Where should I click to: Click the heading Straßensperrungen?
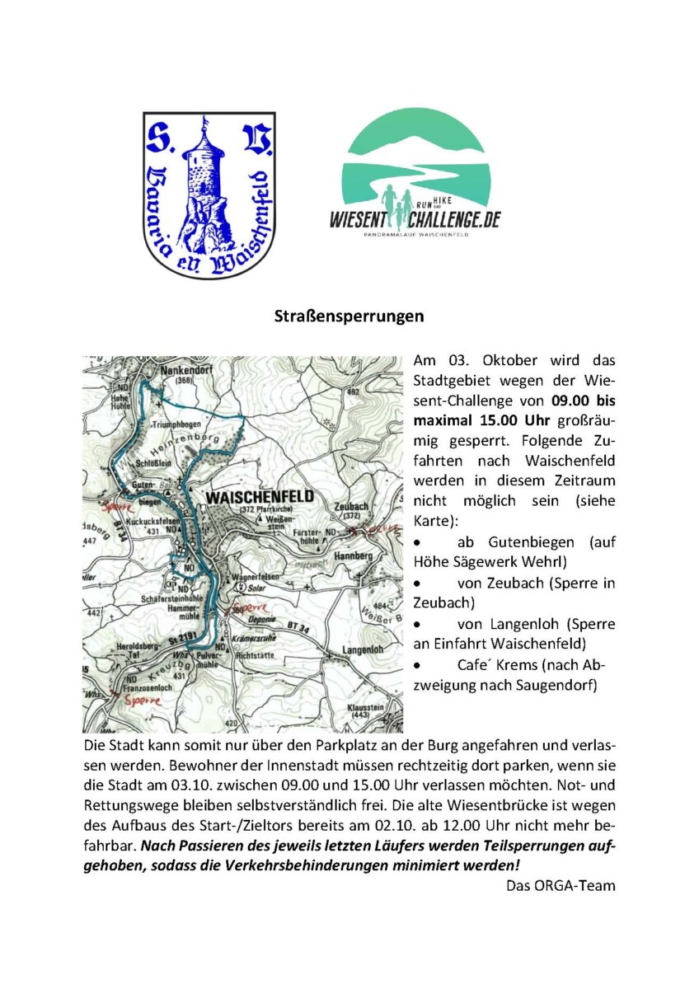click(349, 316)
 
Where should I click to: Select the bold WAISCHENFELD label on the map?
click(260, 498)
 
